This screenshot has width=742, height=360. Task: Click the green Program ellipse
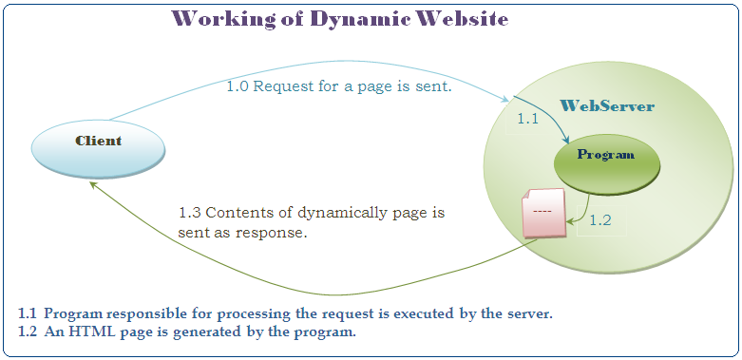tap(607, 163)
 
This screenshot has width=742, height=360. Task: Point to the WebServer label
tap(607, 106)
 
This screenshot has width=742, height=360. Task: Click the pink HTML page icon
tap(543, 213)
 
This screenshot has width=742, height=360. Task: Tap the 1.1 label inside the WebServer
tap(527, 120)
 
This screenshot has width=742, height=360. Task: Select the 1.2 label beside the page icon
tap(600, 220)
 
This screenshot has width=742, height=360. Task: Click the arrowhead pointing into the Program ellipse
tap(565, 140)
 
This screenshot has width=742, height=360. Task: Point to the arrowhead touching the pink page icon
tap(570, 220)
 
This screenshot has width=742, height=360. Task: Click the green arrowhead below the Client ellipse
tap(93, 184)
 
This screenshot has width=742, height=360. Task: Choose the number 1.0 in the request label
tap(240, 87)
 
